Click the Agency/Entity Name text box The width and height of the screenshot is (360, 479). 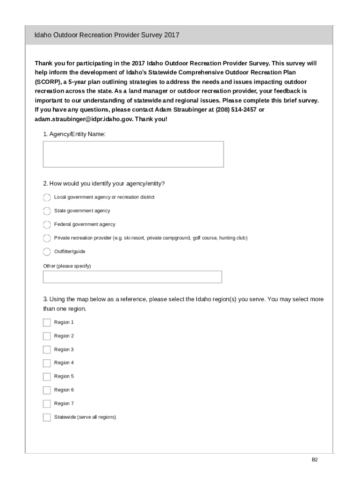tap(133, 154)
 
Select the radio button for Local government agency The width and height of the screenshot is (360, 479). tap(47, 197)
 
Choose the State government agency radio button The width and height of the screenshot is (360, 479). tap(47, 211)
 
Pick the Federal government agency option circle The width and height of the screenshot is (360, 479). tap(47, 225)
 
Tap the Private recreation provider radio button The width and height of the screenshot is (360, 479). tap(47, 238)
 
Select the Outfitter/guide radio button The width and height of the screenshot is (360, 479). tap(47, 252)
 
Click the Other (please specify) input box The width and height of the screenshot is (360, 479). tap(132, 277)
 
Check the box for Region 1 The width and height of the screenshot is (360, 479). tap(47, 322)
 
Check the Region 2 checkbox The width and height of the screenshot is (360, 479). tap(47, 336)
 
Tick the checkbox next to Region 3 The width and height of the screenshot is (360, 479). tap(47, 349)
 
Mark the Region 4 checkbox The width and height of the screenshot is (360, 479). tap(47, 363)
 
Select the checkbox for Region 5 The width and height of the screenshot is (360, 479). tap(47, 377)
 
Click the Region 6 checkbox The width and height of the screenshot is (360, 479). tap(47, 390)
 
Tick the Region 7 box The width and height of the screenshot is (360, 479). tap(47, 404)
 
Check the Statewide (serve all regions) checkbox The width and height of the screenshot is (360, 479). tap(47, 417)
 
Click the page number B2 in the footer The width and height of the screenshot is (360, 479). tap(315, 460)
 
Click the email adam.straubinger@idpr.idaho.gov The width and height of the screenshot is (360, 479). tap(84, 119)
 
